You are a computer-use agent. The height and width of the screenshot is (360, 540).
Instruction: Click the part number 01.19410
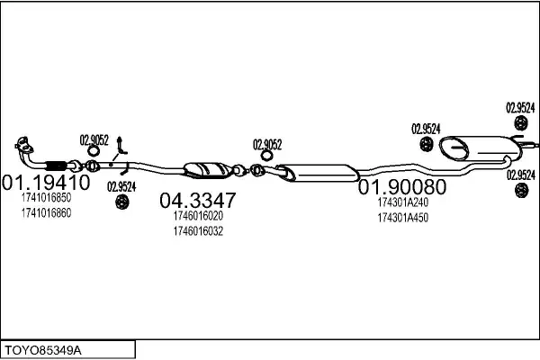coord(46,182)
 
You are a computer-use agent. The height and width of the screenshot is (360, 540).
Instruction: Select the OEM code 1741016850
coord(46,198)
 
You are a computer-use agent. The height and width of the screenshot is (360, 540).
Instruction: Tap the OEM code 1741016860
coord(46,213)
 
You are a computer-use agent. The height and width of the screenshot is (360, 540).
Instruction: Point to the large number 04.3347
coord(198,200)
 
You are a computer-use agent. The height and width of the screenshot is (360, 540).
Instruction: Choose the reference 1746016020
coord(198,216)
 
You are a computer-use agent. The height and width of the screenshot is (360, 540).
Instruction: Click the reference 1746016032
coord(198,230)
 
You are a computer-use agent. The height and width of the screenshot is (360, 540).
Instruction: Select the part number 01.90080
coord(402,187)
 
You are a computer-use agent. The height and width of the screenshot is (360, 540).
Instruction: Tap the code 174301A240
coord(403,202)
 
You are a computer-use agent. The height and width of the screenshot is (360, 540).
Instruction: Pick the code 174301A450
coord(403,218)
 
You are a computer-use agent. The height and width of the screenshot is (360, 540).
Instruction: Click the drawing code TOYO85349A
coord(43,351)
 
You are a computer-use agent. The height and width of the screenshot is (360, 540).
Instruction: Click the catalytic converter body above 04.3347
coord(207,170)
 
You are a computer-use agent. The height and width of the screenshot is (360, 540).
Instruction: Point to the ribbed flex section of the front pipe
coord(56,166)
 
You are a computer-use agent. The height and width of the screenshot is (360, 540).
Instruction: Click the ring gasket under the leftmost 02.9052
coord(93,151)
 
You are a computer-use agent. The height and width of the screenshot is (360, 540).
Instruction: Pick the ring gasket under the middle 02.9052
coord(266,156)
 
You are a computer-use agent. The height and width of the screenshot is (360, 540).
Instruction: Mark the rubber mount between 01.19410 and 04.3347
coord(121,202)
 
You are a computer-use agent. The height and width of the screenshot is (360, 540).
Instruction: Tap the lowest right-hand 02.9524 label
coord(521,175)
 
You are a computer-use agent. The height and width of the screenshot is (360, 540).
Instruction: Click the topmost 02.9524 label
coord(520,108)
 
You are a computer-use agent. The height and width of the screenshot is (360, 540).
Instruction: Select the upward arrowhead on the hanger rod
coord(120,139)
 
